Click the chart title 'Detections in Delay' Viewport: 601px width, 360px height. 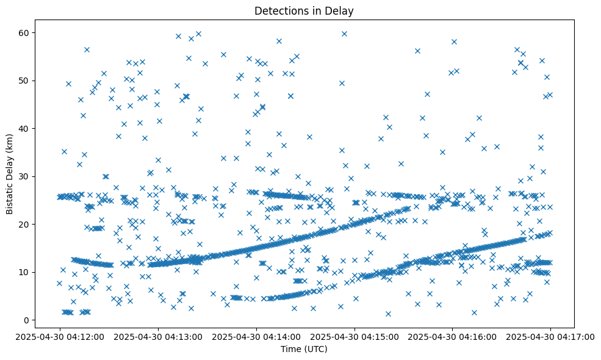tap(304, 11)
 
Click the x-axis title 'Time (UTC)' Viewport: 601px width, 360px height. tap(304, 349)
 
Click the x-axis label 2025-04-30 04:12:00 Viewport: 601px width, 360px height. tap(60, 336)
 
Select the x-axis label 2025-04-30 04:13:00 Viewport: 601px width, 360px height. tap(158, 336)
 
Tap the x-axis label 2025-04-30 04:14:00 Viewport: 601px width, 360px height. tap(256, 336)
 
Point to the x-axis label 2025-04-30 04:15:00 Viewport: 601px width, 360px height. tap(354, 336)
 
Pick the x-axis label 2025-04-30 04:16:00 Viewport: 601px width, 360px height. tap(453, 336)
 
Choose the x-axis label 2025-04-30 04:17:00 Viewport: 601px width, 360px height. tap(551, 336)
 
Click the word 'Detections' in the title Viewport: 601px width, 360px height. tap(278, 11)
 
